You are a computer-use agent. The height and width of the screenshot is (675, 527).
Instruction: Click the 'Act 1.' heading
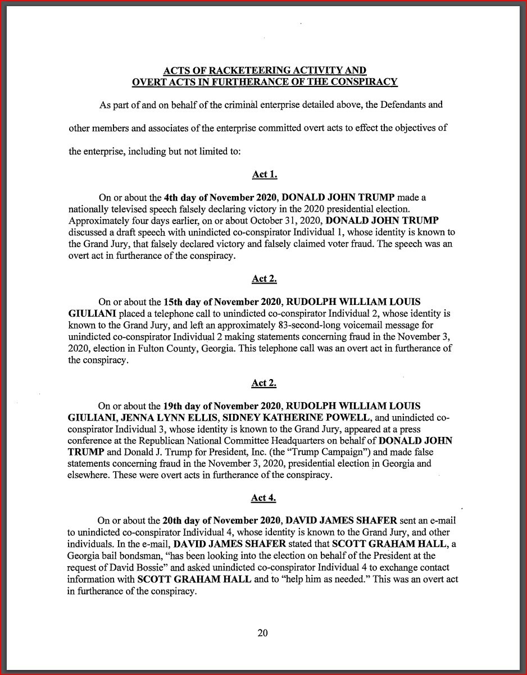point(264,175)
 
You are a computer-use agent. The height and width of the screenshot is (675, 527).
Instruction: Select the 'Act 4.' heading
point(263,498)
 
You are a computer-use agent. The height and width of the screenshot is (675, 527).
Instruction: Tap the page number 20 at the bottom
point(263,633)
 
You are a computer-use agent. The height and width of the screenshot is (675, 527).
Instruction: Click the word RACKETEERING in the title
point(250,71)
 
